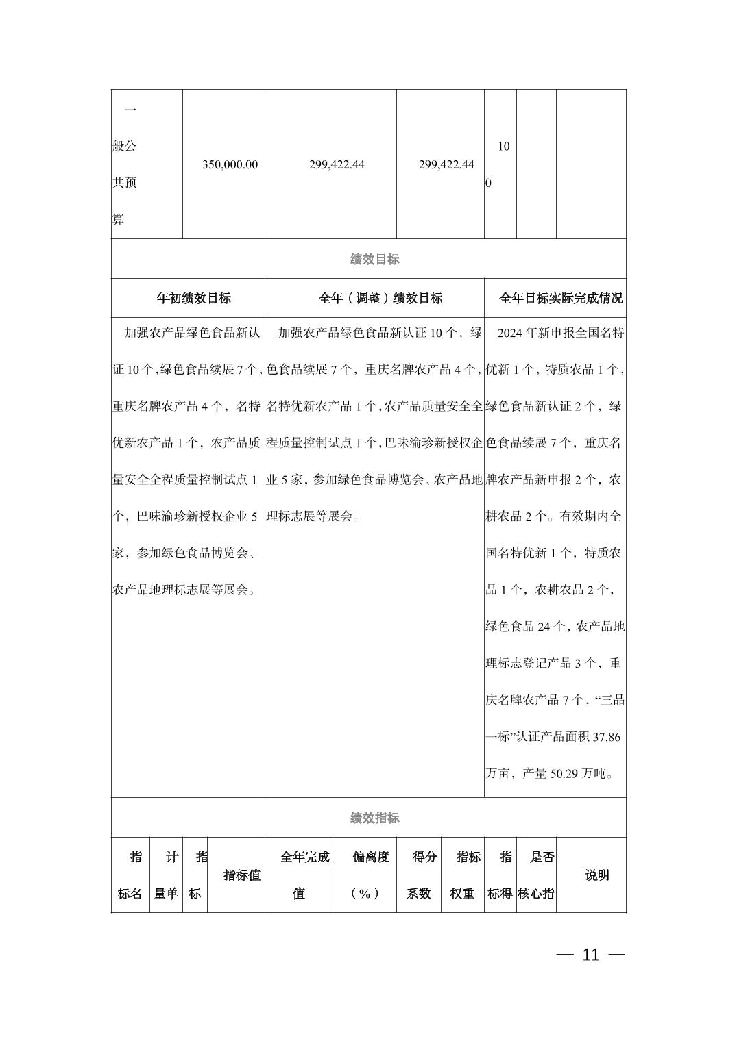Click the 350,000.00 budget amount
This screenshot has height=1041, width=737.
[230, 165]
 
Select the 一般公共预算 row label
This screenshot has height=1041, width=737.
[125, 164]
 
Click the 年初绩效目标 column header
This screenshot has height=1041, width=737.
[194, 299]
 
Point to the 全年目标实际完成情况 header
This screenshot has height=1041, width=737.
[561, 299]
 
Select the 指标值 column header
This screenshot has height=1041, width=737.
[242, 875]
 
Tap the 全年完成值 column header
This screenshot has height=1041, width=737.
[304, 875]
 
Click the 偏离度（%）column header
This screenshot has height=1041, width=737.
[370, 875]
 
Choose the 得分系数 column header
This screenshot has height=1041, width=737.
[424, 875]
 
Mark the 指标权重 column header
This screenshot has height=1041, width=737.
[468, 875]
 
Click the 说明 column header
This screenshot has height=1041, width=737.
[596, 875]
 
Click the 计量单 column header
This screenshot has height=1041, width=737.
[166, 875]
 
